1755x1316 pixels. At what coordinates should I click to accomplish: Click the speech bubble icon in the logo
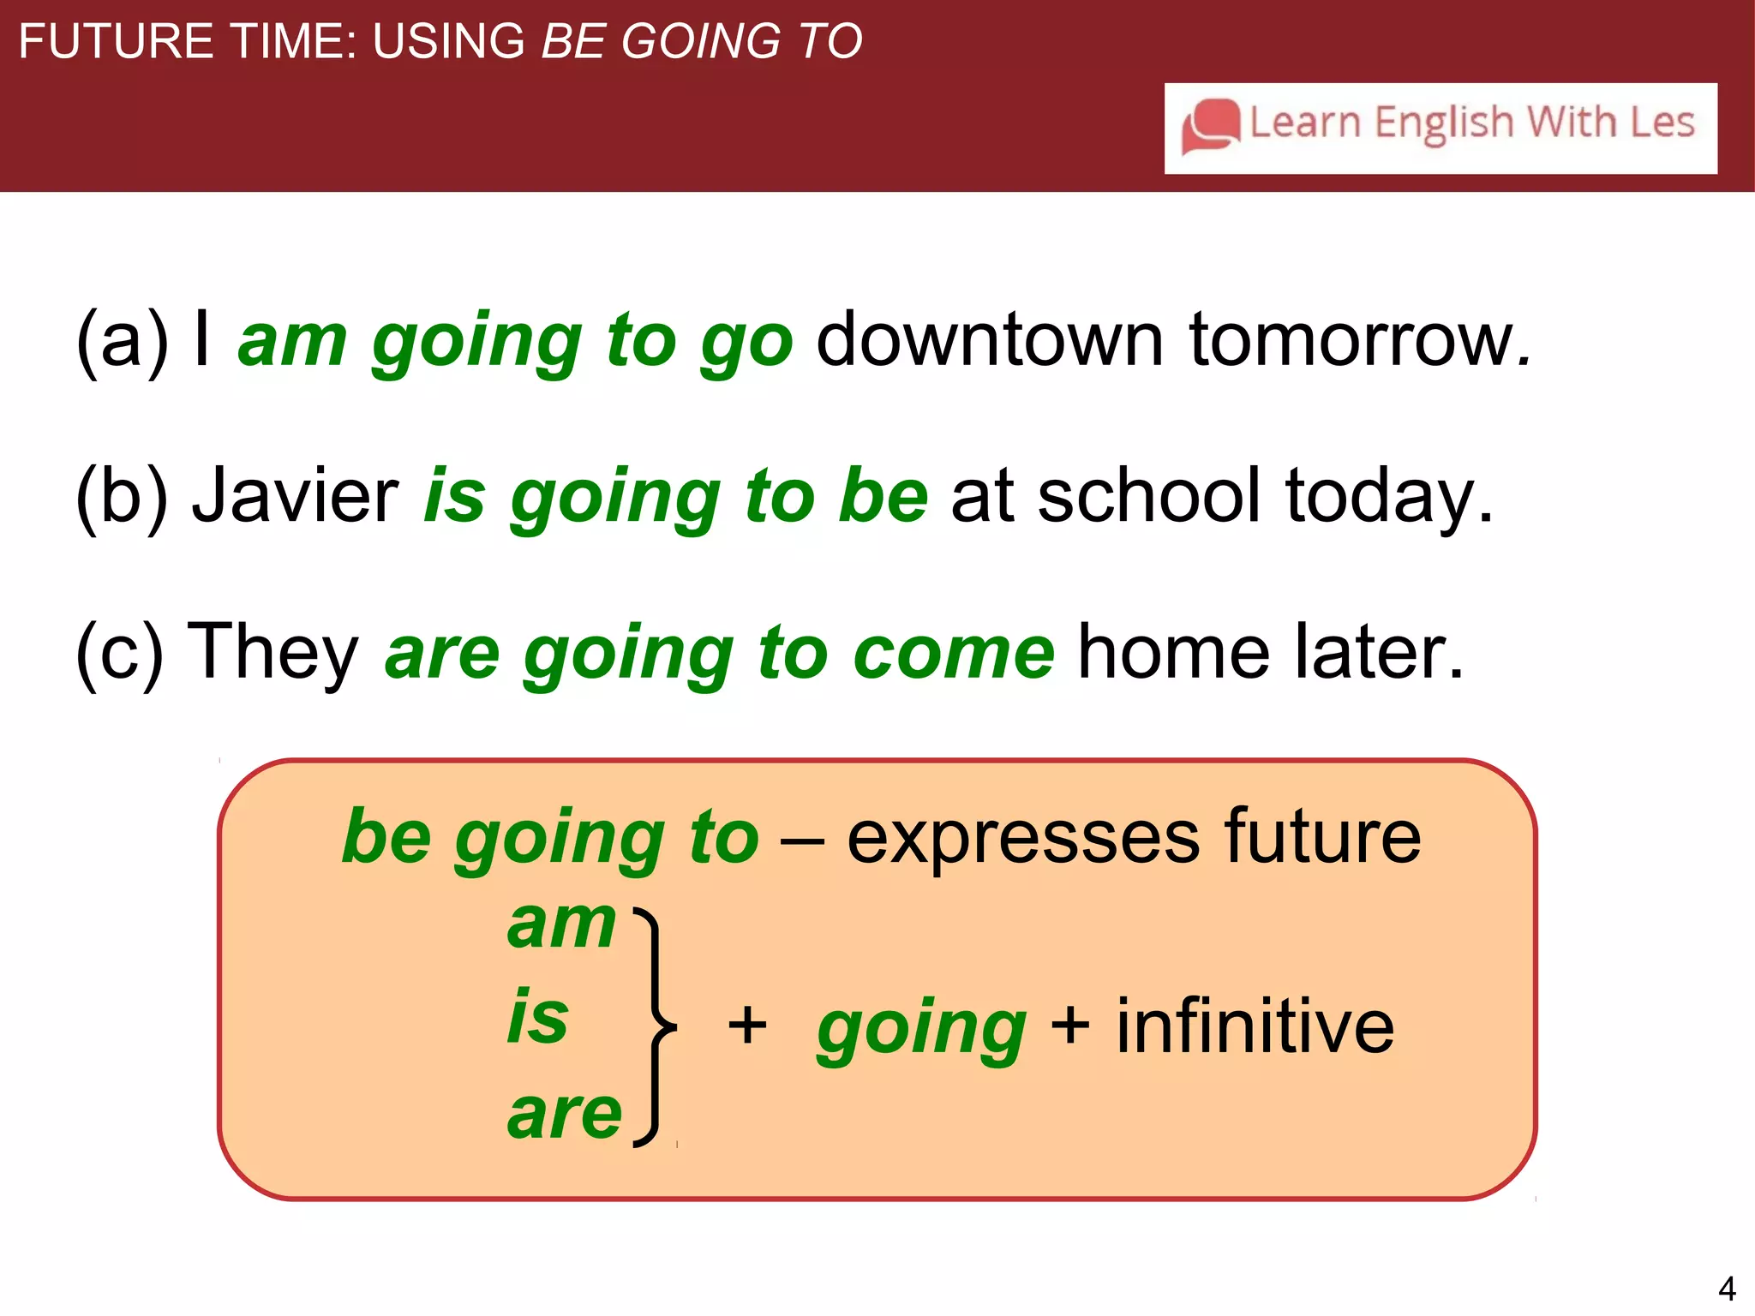1210,126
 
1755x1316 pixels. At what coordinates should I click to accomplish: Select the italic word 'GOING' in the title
700,41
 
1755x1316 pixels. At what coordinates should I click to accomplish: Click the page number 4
1727,1289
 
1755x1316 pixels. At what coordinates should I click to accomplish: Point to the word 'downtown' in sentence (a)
990,340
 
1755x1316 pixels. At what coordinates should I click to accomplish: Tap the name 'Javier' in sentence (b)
295,496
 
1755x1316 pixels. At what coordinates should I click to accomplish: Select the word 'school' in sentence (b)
1149,496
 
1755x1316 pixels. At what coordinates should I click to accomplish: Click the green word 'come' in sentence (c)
953,653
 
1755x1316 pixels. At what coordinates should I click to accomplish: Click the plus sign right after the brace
747,1026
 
